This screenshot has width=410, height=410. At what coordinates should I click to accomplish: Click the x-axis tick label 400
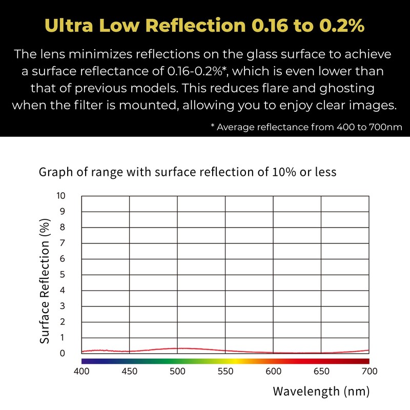pos(82,372)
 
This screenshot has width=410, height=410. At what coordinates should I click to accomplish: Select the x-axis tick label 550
pos(226,372)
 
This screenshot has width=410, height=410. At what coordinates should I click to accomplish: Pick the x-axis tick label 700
pos(369,372)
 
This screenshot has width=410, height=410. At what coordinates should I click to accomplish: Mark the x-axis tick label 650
pos(321,372)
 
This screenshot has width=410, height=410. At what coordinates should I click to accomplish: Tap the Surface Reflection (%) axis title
pos(45,281)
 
